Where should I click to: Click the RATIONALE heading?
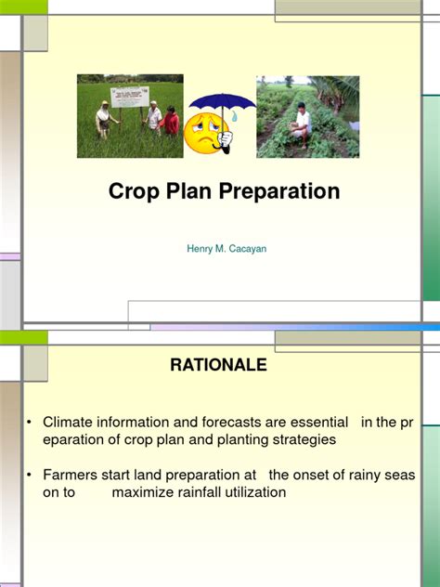(218, 365)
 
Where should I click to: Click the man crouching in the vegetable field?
(302, 124)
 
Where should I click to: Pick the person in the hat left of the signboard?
(103, 118)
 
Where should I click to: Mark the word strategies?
(303, 439)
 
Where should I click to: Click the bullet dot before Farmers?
(30, 476)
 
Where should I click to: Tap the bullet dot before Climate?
(30, 423)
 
